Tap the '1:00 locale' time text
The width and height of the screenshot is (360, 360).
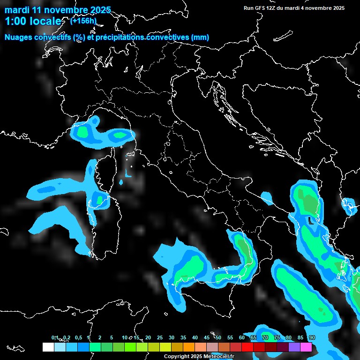pos(33,21)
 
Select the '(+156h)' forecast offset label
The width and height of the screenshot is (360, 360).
pos(83,21)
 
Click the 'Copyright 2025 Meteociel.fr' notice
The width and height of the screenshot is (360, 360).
pos(202,356)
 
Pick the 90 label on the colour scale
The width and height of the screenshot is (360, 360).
pos(312,337)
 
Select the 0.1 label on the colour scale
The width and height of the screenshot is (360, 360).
pos(55,337)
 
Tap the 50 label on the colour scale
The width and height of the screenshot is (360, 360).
pos(218,337)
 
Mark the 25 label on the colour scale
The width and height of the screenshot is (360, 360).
pos(159,337)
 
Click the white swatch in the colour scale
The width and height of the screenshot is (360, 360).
pos(48,347)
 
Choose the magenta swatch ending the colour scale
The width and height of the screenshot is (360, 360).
pos(306,347)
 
